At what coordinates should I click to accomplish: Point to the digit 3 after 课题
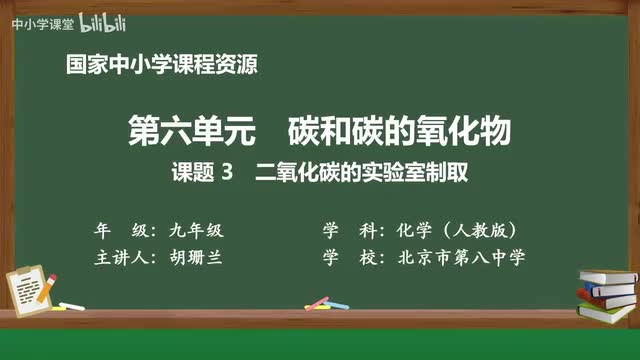pos(227,172)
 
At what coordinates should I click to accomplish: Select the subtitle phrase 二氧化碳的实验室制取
pos(362,172)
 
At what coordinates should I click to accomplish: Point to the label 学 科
pos(352,229)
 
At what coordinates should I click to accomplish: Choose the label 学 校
pos(352,257)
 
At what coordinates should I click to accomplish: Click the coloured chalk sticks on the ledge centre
pos(317,301)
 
